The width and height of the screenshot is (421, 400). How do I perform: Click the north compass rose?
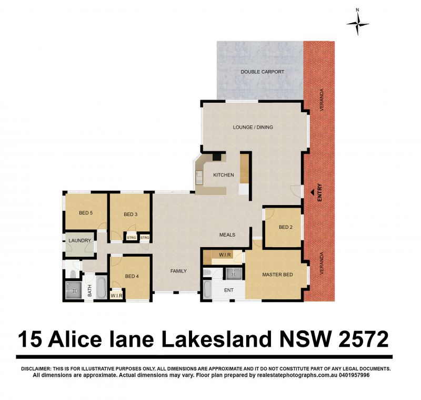coord(357,24)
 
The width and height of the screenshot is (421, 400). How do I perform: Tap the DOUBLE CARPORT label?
coord(262,72)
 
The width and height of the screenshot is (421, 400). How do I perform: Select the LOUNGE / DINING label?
coord(253,127)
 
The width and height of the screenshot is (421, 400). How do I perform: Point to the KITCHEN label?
coord(223,175)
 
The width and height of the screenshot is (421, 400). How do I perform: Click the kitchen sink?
coord(199,178)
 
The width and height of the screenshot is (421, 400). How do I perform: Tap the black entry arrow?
coord(312,192)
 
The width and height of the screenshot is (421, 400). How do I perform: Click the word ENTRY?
coord(319,192)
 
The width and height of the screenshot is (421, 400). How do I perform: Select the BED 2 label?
coord(285,227)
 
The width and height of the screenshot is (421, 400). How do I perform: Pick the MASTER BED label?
coord(277,275)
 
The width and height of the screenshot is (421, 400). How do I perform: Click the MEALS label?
coord(227,235)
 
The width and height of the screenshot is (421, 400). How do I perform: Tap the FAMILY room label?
coord(178,271)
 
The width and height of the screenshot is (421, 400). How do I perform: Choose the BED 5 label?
coord(86,213)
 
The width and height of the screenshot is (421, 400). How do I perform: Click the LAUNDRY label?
coord(80,241)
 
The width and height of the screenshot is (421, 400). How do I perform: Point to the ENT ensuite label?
coord(229,290)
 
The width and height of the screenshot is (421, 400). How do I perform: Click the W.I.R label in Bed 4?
coord(116,296)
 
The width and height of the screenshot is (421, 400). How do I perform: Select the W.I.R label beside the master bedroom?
coord(225,255)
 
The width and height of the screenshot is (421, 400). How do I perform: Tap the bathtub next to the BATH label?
coord(102,287)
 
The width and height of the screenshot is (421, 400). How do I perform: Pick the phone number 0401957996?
coord(354,375)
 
